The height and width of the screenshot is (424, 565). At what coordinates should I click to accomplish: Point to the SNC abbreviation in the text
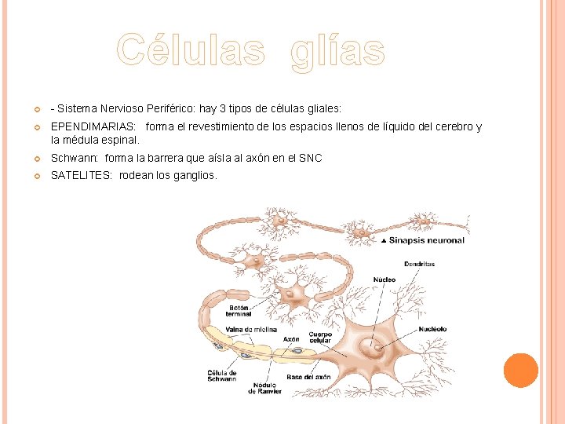point(311,158)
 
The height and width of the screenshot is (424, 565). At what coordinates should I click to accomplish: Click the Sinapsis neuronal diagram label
point(426,240)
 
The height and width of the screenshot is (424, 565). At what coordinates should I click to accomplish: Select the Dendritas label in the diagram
point(420,264)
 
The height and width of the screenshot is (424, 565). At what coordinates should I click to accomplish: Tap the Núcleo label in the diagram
point(385,279)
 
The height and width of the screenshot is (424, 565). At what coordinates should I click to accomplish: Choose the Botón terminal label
point(239,311)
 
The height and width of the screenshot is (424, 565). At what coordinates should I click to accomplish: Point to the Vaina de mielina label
point(251,330)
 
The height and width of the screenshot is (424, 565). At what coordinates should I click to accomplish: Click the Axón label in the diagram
point(291,339)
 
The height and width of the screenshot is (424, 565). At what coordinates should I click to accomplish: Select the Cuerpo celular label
point(320,338)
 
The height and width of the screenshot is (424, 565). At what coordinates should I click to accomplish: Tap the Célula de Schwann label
point(221,375)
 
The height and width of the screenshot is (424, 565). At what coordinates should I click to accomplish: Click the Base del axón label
point(308,377)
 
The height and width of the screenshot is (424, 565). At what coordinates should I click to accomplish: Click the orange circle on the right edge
point(520,371)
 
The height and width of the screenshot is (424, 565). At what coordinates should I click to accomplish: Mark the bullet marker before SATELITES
point(37,176)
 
